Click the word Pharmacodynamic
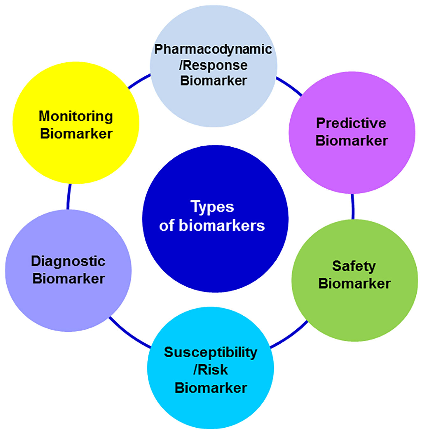click(213, 49)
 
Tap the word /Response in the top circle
click(213, 65)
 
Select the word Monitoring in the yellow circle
click(76, 116)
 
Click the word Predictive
click(351, 123)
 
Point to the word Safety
click(354, 266)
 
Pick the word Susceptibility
click(210, 353)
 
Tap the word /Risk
click(210, 370)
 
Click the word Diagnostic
click(68, 261)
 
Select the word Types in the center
click(212, 207)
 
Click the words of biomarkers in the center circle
click(212, 226)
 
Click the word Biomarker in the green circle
click(354, 283)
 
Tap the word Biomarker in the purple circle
click(351, 141)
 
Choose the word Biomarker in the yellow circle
click(76, 134)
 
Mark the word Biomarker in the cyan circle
click(211, 388)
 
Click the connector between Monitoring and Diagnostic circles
click(68, 197)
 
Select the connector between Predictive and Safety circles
click(353, 206)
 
